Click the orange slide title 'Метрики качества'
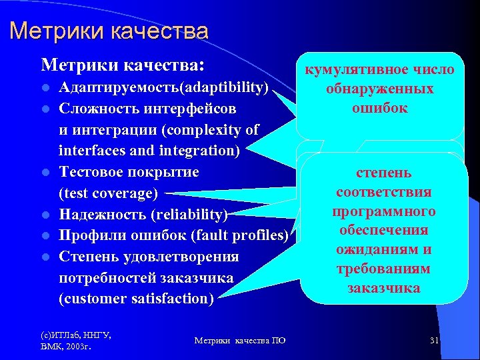(109, 31)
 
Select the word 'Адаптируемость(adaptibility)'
(163, 88)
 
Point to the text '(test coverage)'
(109, 194)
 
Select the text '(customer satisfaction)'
(136, 299)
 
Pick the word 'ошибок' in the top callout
(380, 108)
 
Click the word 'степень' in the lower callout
(383, 173)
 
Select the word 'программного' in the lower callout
(383, 211)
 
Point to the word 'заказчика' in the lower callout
(383, 288)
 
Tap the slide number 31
(434, 341)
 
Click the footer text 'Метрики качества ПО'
(240, 341)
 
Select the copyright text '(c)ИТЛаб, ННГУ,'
(74, 335)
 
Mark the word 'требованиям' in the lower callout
(383, 269)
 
